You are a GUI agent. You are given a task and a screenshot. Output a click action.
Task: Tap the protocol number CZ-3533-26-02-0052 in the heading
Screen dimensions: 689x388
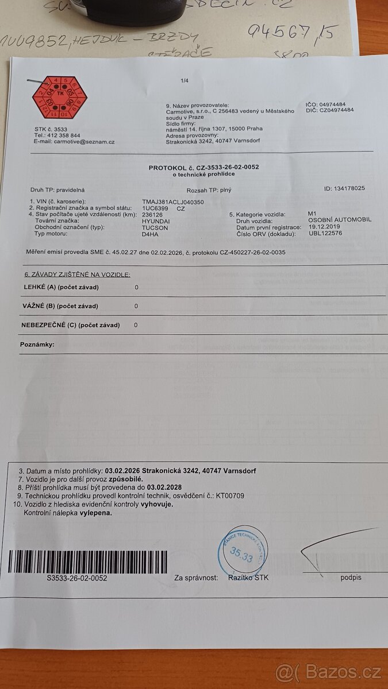tap(225, 167)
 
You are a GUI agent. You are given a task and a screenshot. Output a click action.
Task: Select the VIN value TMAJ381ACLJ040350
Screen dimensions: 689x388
tap(172, 202)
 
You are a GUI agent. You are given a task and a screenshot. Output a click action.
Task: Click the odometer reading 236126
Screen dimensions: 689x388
tap(152, 214)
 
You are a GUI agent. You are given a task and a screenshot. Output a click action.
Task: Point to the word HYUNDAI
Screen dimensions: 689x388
tap(156, 220)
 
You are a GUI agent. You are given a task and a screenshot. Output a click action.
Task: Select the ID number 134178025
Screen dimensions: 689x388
tap(345, 188)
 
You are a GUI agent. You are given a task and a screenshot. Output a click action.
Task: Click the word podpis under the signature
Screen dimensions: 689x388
tap(351, 577)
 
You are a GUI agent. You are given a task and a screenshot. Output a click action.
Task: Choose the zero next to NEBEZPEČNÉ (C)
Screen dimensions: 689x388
tap(136, 325)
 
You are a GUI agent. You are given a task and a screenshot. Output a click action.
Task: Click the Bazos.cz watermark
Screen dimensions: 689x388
tap(328, 672)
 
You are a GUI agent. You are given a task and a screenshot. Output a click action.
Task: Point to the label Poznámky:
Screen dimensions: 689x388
tap(37, 344)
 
